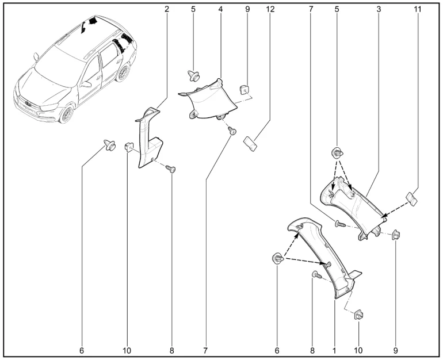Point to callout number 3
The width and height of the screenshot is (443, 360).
[x=379, y=10]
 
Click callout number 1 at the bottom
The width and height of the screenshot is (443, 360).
[x=334, y=349]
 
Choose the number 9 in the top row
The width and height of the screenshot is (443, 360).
[x=247, y=10]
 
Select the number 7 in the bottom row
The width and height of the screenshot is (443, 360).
[x=205, y=349]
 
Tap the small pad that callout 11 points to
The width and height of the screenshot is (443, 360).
[x=411, y=199]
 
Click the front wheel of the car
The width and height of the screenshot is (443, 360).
[x=68, y=114]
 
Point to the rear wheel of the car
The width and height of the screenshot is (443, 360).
[x=123, y=74]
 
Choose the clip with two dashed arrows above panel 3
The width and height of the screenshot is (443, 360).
[x=335, y=154]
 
